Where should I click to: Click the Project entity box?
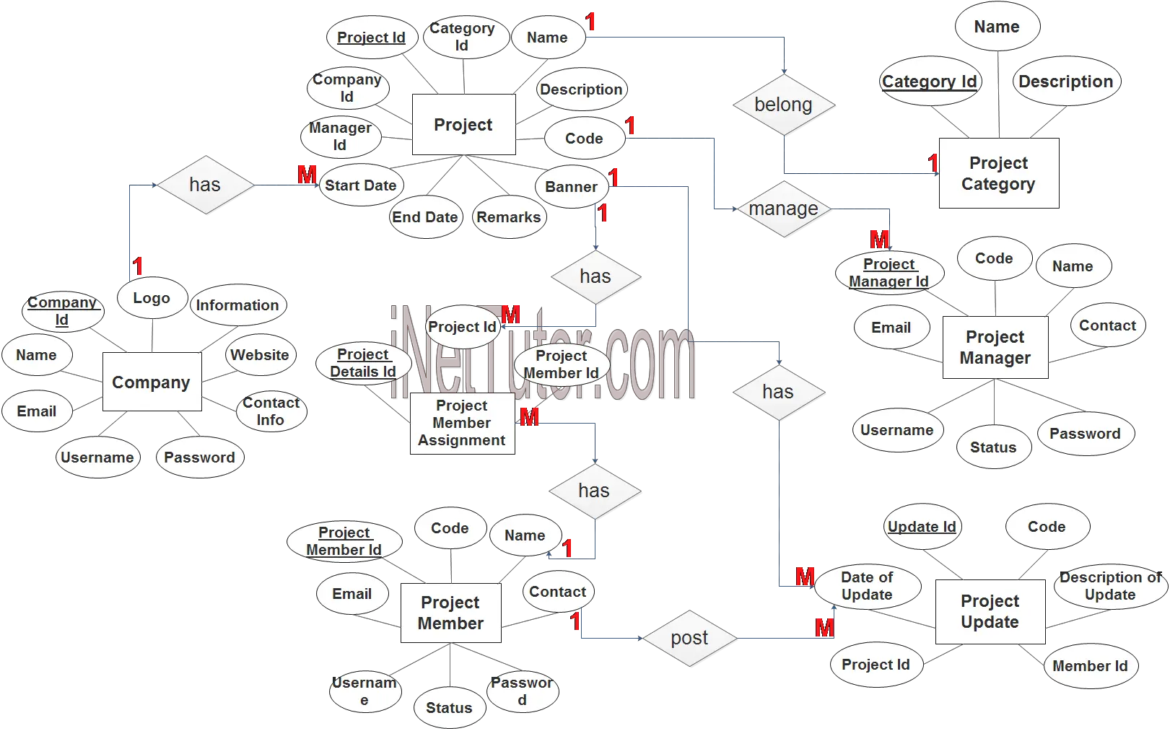point(463,125)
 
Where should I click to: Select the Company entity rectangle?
point(151,382)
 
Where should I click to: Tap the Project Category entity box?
point(998,173)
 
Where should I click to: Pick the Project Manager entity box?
point(995,347)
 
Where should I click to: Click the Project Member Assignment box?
point(462,424)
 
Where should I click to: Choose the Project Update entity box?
point(990,611)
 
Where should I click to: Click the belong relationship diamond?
point(783,105)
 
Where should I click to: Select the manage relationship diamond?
point(783,209)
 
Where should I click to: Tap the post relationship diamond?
point(689,638)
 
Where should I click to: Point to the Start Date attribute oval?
point(360,185)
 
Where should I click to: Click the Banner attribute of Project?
point(571,187)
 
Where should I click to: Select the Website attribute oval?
point(260,355)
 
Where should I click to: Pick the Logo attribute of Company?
point(152,298)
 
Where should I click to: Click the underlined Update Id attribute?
point(922,527)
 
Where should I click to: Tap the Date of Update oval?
point(867,586)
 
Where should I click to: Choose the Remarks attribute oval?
point(508,217)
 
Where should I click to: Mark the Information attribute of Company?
point(237,305)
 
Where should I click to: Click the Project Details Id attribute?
point(363,363)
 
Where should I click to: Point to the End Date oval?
point(424,217)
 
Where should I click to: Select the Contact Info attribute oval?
point(271,411)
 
